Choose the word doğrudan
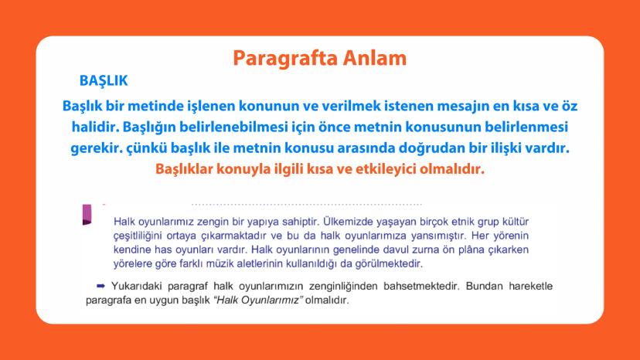point(417,147)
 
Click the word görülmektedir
point(379,263)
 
